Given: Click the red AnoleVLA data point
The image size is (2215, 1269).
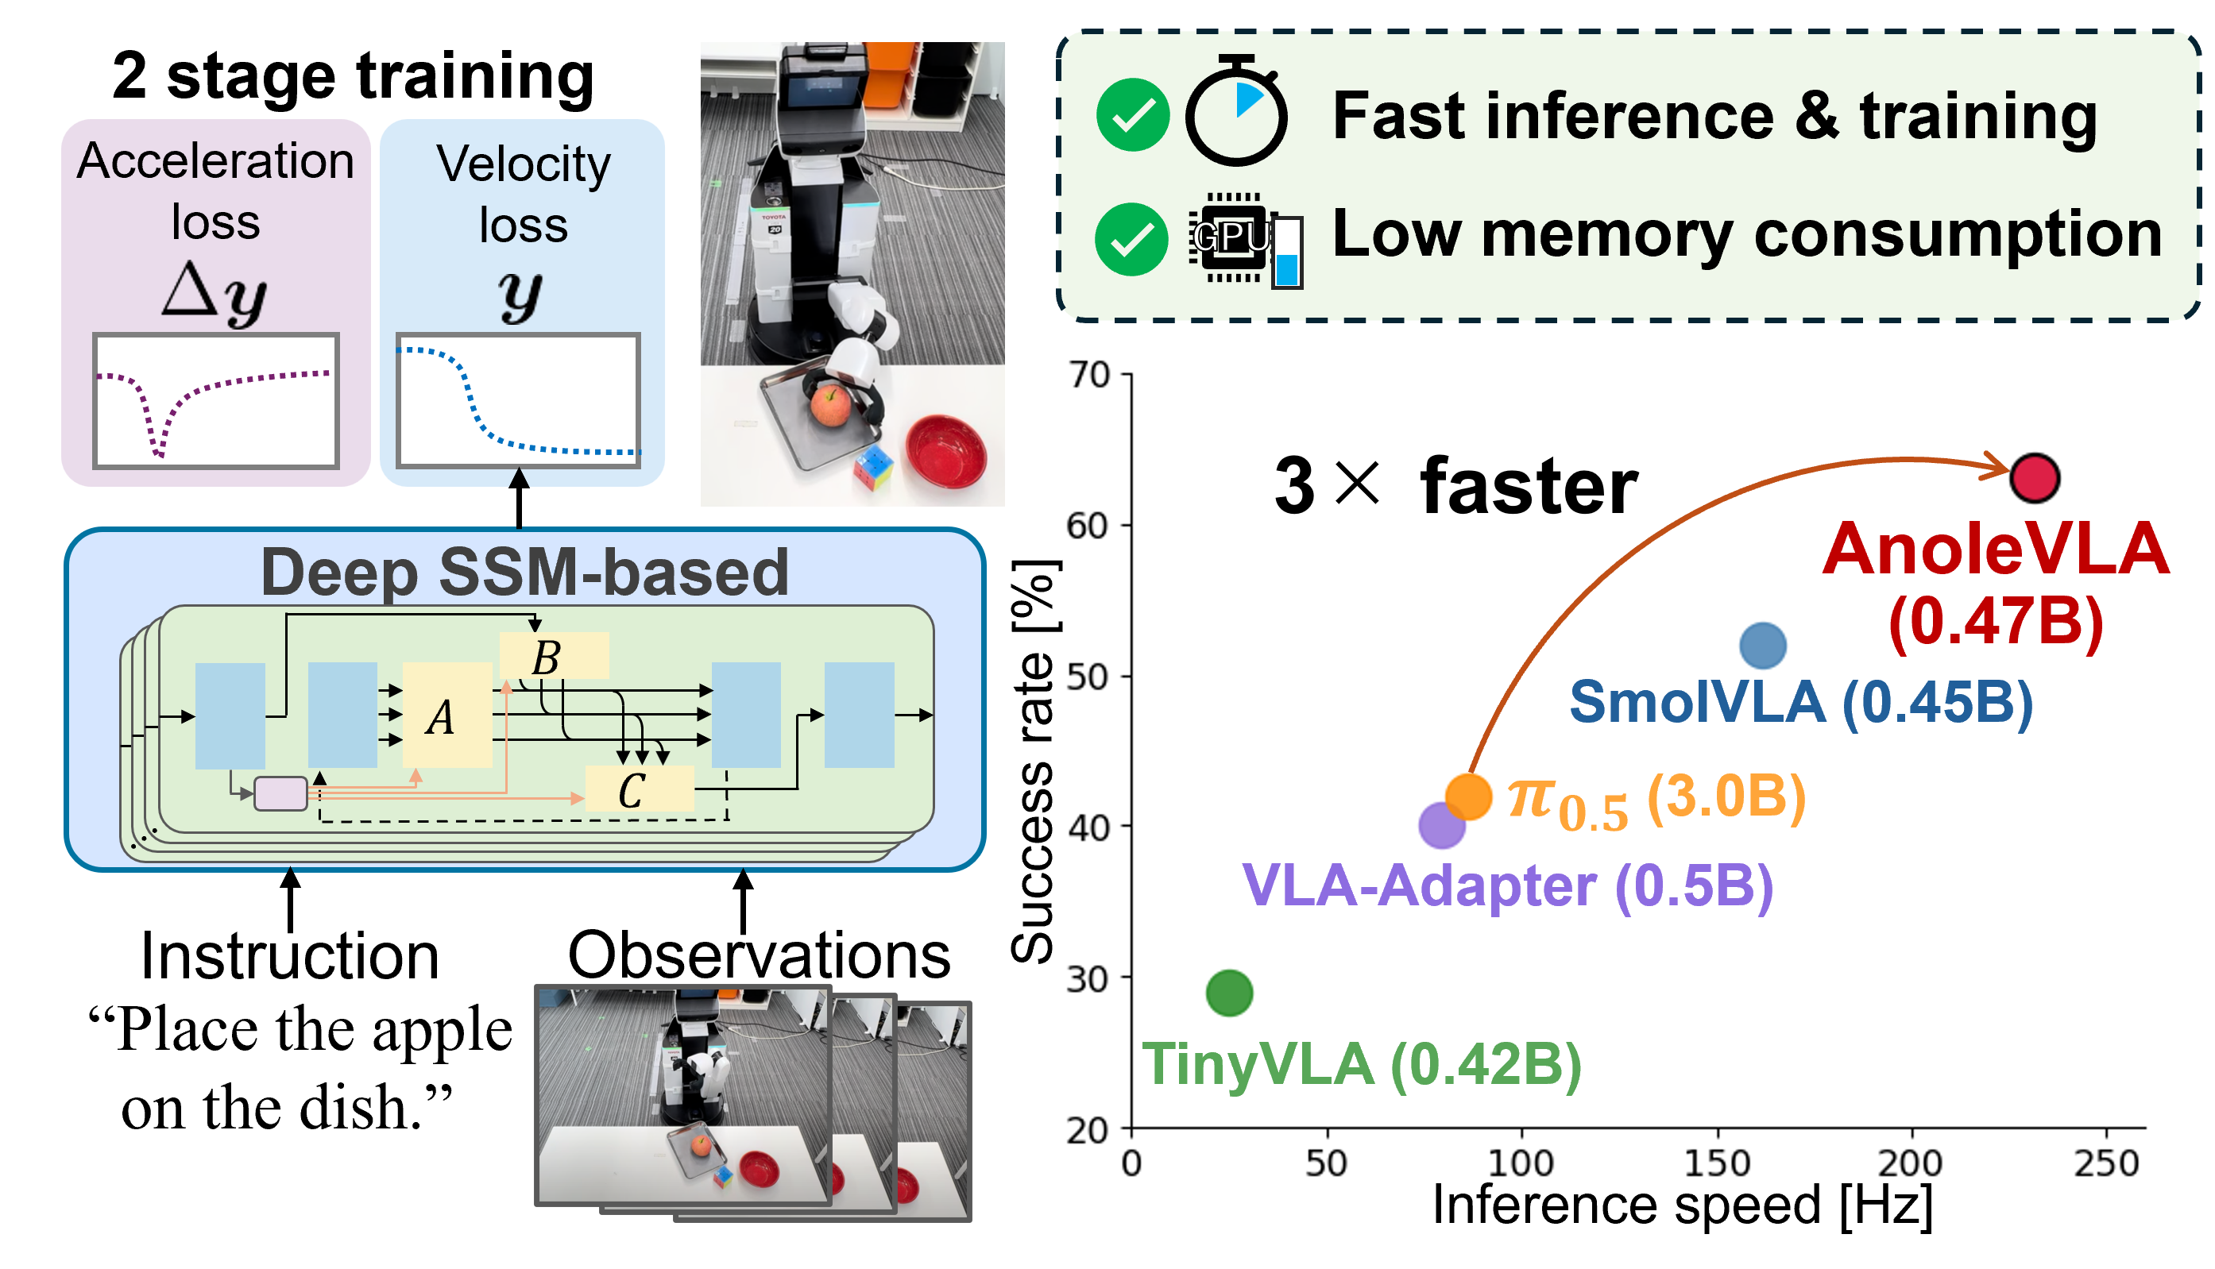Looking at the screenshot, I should click(2034, 479).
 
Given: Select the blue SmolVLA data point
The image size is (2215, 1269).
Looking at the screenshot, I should click(1763, 646).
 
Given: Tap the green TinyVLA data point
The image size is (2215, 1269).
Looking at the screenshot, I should click(1229, 993).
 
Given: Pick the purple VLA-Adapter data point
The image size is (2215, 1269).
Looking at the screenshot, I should click(1441, 825).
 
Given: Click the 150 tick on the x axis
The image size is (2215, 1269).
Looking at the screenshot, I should click(1716, 1163).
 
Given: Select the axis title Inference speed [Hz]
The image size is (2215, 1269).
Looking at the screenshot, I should click(1683, 1206).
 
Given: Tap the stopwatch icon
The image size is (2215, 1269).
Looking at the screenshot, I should click(1236, 111).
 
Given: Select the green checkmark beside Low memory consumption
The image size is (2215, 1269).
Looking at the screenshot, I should click(1131, 239).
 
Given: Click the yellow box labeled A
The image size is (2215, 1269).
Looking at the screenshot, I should click(447, 715).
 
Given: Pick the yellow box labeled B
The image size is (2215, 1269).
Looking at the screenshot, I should click(554, 656).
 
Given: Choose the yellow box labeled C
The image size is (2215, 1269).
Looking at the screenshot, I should click(639, 789).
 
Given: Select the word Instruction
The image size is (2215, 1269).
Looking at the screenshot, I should click(289, 956).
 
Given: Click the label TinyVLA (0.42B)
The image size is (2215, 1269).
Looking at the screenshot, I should click(1361, 1064).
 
